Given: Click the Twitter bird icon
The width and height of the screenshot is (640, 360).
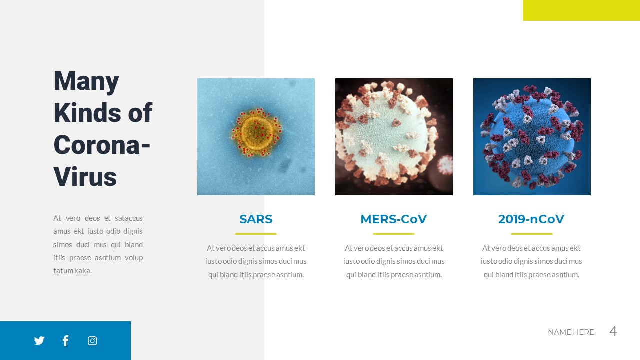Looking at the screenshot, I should [x=39, y=341].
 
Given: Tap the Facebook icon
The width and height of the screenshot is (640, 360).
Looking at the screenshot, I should [x=65, y=341].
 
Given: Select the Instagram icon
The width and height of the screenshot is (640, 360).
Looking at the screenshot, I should [x=92, y=341].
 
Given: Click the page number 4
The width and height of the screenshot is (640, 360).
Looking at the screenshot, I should [x=613, y=331].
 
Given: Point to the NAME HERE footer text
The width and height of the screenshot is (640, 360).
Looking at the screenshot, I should [x=571, y=332].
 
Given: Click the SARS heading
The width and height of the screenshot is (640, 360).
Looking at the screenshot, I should [x=256, y=219].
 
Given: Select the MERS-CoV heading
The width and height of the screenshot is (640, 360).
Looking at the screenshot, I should [x=393, y=219].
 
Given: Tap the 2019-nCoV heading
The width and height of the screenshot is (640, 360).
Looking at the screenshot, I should [x=531, y=219].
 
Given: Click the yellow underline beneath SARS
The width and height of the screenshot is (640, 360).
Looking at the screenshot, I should [x=256, y=234].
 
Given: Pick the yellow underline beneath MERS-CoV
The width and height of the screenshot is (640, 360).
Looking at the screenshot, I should [x=394, y=234].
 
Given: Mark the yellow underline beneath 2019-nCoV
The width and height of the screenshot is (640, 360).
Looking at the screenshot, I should [x=532, y=234].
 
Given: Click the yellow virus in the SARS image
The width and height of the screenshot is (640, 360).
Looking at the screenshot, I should [x=256, y=131].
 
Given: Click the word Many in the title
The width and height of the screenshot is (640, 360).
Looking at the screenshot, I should [x=86, y=81].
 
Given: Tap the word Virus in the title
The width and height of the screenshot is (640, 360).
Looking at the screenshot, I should [x=85, y=176].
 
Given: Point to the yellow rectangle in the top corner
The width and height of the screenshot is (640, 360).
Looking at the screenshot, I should [x=581, y=10].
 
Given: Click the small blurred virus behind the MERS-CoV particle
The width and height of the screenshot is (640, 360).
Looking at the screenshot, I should [x=444, y=165].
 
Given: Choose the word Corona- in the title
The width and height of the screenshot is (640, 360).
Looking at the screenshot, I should [x=102, y=145].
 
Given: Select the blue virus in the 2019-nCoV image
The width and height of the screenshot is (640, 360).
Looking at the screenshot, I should [x=531, y=136].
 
